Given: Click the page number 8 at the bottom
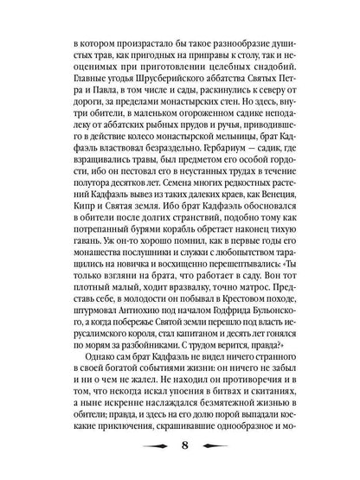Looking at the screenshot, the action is click(x=180, y=447).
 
